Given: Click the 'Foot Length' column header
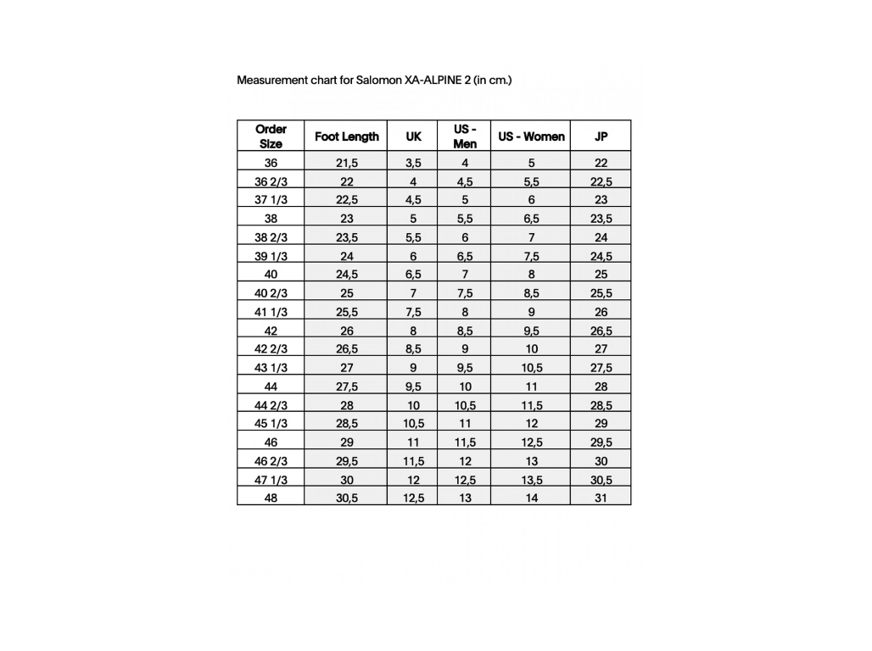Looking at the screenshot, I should (346, 136).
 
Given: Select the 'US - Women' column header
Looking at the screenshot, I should (531, 136).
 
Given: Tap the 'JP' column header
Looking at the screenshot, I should (601, 136).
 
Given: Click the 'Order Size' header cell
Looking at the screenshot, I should (271, 136).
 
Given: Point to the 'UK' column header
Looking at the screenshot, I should (413, 136).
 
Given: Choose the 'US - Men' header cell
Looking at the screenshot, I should (465, 136).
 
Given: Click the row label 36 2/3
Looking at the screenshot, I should (271, 181).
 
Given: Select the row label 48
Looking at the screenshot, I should (271, 498).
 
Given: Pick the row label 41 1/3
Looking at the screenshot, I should (271, 312).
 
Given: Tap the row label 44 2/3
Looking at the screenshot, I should (271, 405).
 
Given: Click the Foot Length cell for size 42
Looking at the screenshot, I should (346, 331).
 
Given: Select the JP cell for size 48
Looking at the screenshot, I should (601, 498).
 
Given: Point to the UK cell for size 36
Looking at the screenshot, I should (413, 163).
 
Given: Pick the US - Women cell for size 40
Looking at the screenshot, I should (531, 275).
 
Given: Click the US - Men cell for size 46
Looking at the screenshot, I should (465, 442).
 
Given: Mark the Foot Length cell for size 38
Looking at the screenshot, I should (346, 219).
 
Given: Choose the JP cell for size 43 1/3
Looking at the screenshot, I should (601, 368).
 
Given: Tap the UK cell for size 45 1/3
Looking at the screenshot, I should (413, 424).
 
